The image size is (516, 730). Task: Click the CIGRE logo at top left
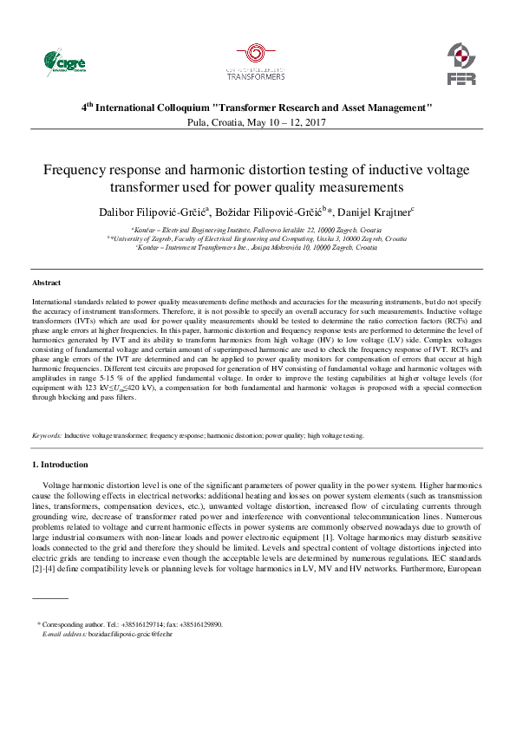(x=66, y=62)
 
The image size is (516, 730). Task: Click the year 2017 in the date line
(x=316, y=123)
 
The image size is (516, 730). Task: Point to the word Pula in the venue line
(x=197, y=123)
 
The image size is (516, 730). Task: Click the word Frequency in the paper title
(x=74, y=170)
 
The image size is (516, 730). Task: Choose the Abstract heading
(x=46, y=284)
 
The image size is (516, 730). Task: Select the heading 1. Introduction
(x=65, y=466)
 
